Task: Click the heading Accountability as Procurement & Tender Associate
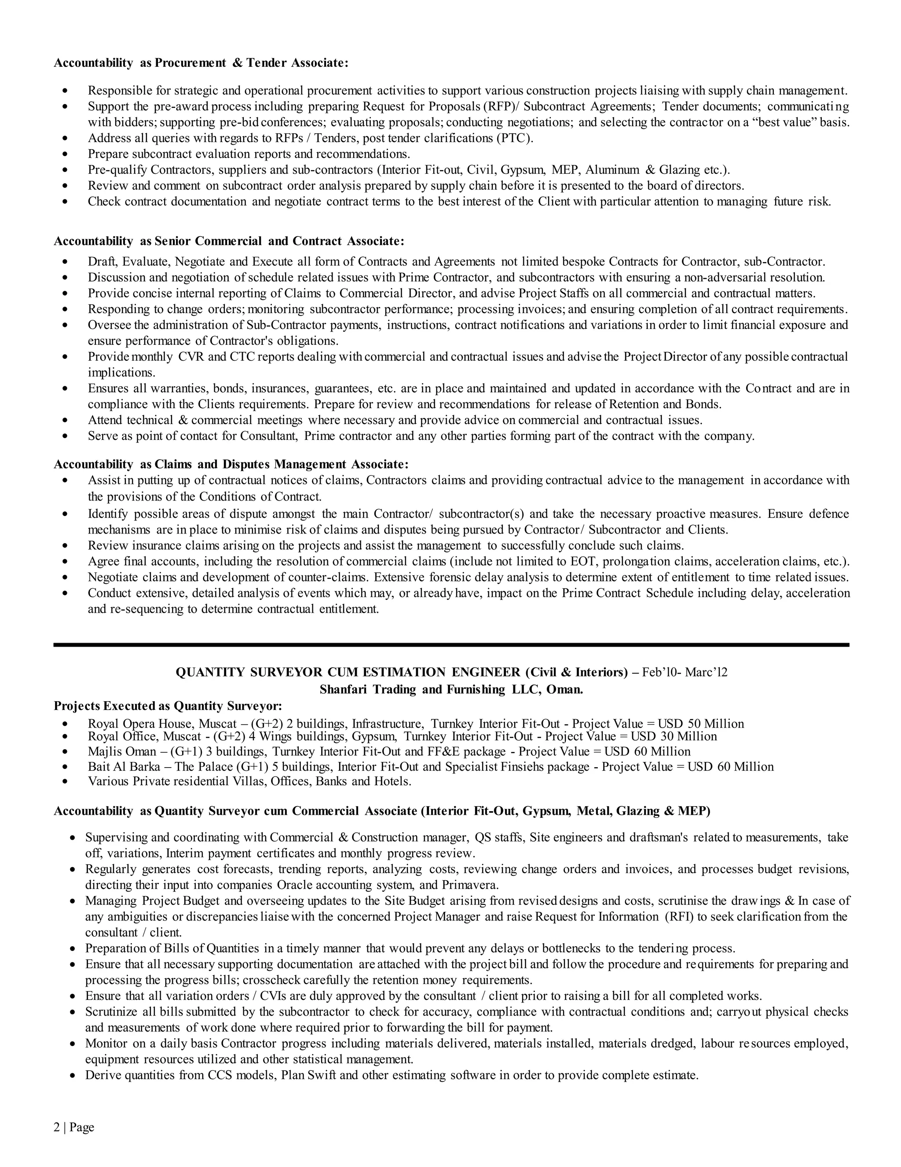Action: click(201, 63)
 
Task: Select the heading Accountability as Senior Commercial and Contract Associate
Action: click(229, 241)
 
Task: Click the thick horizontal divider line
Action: click(450, 645)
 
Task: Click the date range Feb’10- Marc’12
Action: click(684, 672)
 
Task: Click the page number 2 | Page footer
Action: click(74, 1127)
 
